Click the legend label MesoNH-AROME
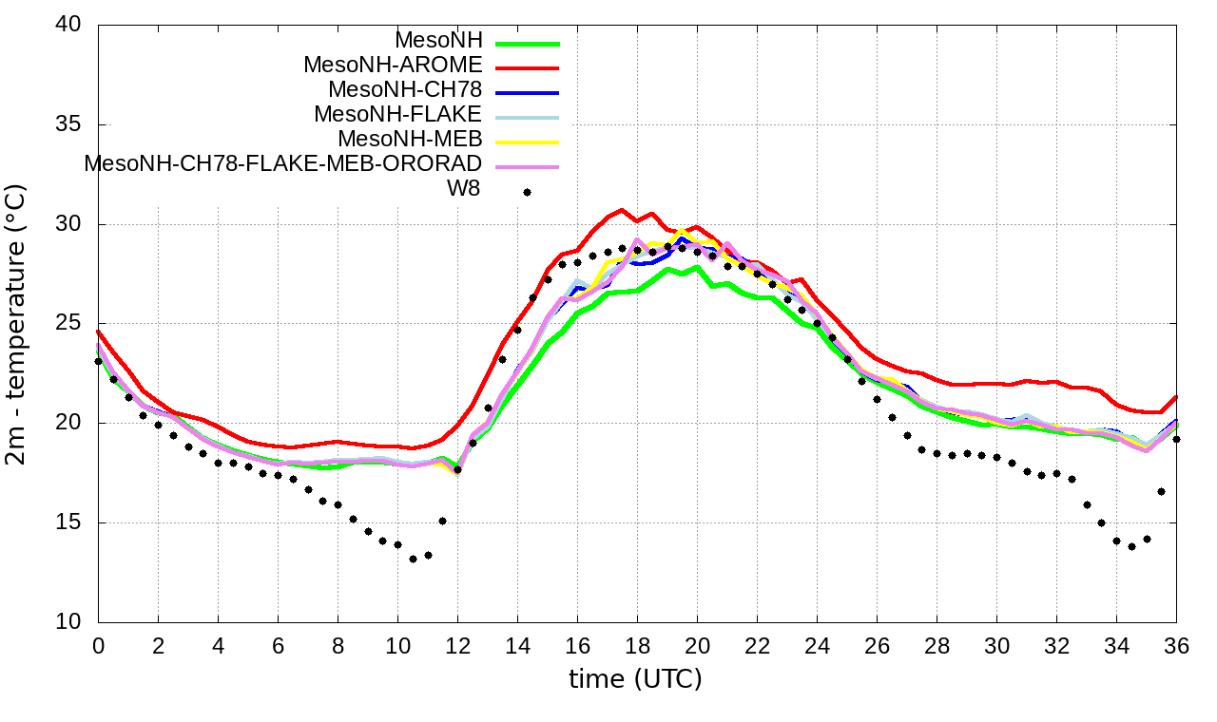tap(393, 66)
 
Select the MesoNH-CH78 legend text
tap(405, 90)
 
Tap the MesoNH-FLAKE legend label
tap(397, 114)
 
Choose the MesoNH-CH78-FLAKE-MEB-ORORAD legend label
tap(282, 163)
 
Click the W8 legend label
tap(463, 188)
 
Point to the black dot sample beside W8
tap(527, 192)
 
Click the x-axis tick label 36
tap(1176, 645)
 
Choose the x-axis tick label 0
tap(98, 645)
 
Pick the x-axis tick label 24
tap(817, 645)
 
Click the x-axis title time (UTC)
tap(635, 679)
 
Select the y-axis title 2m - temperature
tap(17, 323)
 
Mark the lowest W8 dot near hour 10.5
tap(413, 559)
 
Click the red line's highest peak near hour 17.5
tap(622, 210)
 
